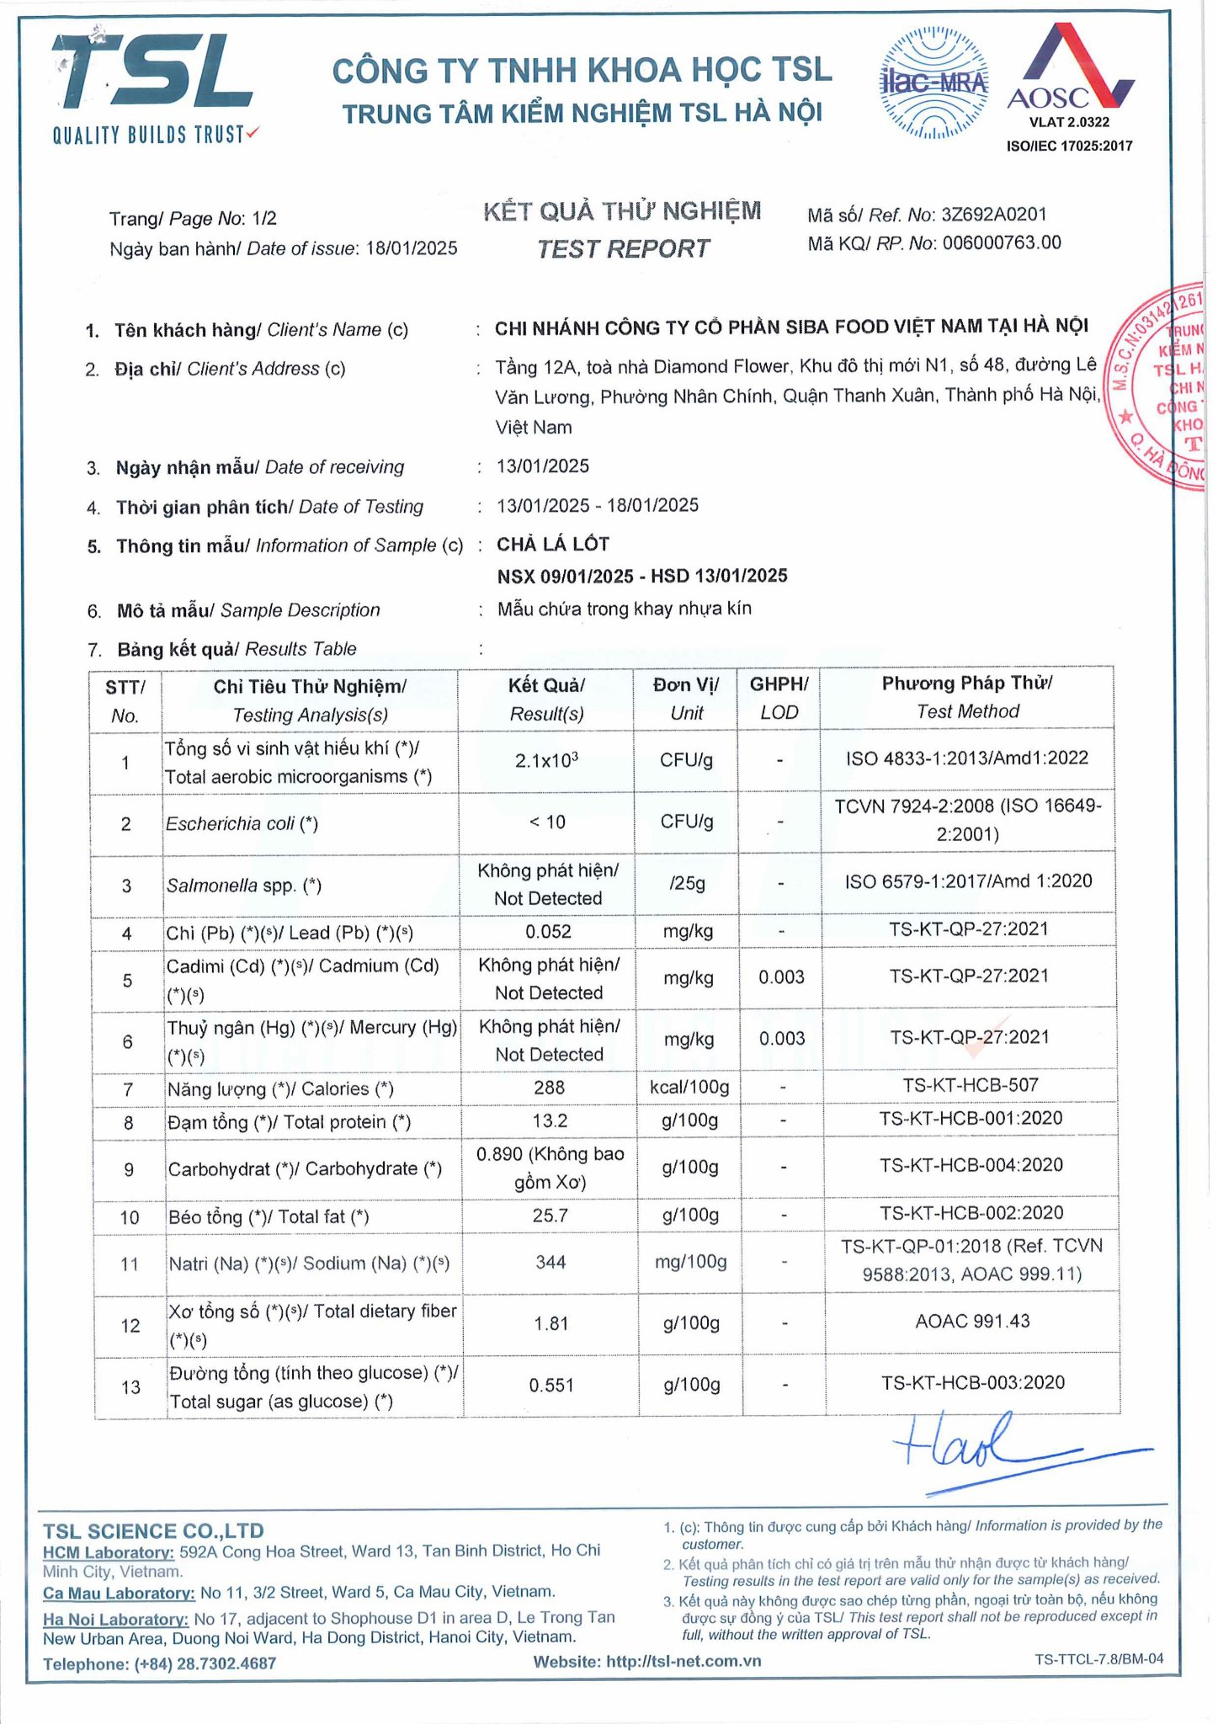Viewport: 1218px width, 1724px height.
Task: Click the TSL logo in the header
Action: (x=152, y=84)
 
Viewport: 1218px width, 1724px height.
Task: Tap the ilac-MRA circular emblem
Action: (x=933, y=82)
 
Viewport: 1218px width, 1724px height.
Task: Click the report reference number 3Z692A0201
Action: (x=994, y=215)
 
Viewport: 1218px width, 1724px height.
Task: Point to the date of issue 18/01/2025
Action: (x=412, y=248)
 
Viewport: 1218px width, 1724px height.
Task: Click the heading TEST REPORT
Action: (x=623, y=249)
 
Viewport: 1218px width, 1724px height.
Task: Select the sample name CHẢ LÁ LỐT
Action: (x=553, y=544)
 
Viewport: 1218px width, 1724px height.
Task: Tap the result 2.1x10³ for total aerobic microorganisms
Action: (x=546, y=760)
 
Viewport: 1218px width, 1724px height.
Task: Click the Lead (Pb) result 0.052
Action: (x=548, y=931)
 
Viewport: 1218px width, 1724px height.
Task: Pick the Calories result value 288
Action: (x=549, y=1088)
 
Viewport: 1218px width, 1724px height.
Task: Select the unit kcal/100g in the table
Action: (x=689, y=1087)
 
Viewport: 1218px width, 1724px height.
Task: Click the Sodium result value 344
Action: (x=550, y=1262)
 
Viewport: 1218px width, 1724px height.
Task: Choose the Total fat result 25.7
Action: (x=550, y=1216)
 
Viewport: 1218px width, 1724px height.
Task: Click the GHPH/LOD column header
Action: (x=779, y=698)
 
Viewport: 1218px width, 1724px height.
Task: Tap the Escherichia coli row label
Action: (x=242, y=823)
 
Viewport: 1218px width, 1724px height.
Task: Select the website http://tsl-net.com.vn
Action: (x=683, y=1661)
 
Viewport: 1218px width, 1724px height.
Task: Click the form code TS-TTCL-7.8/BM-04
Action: (x=1098, y=1658)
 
